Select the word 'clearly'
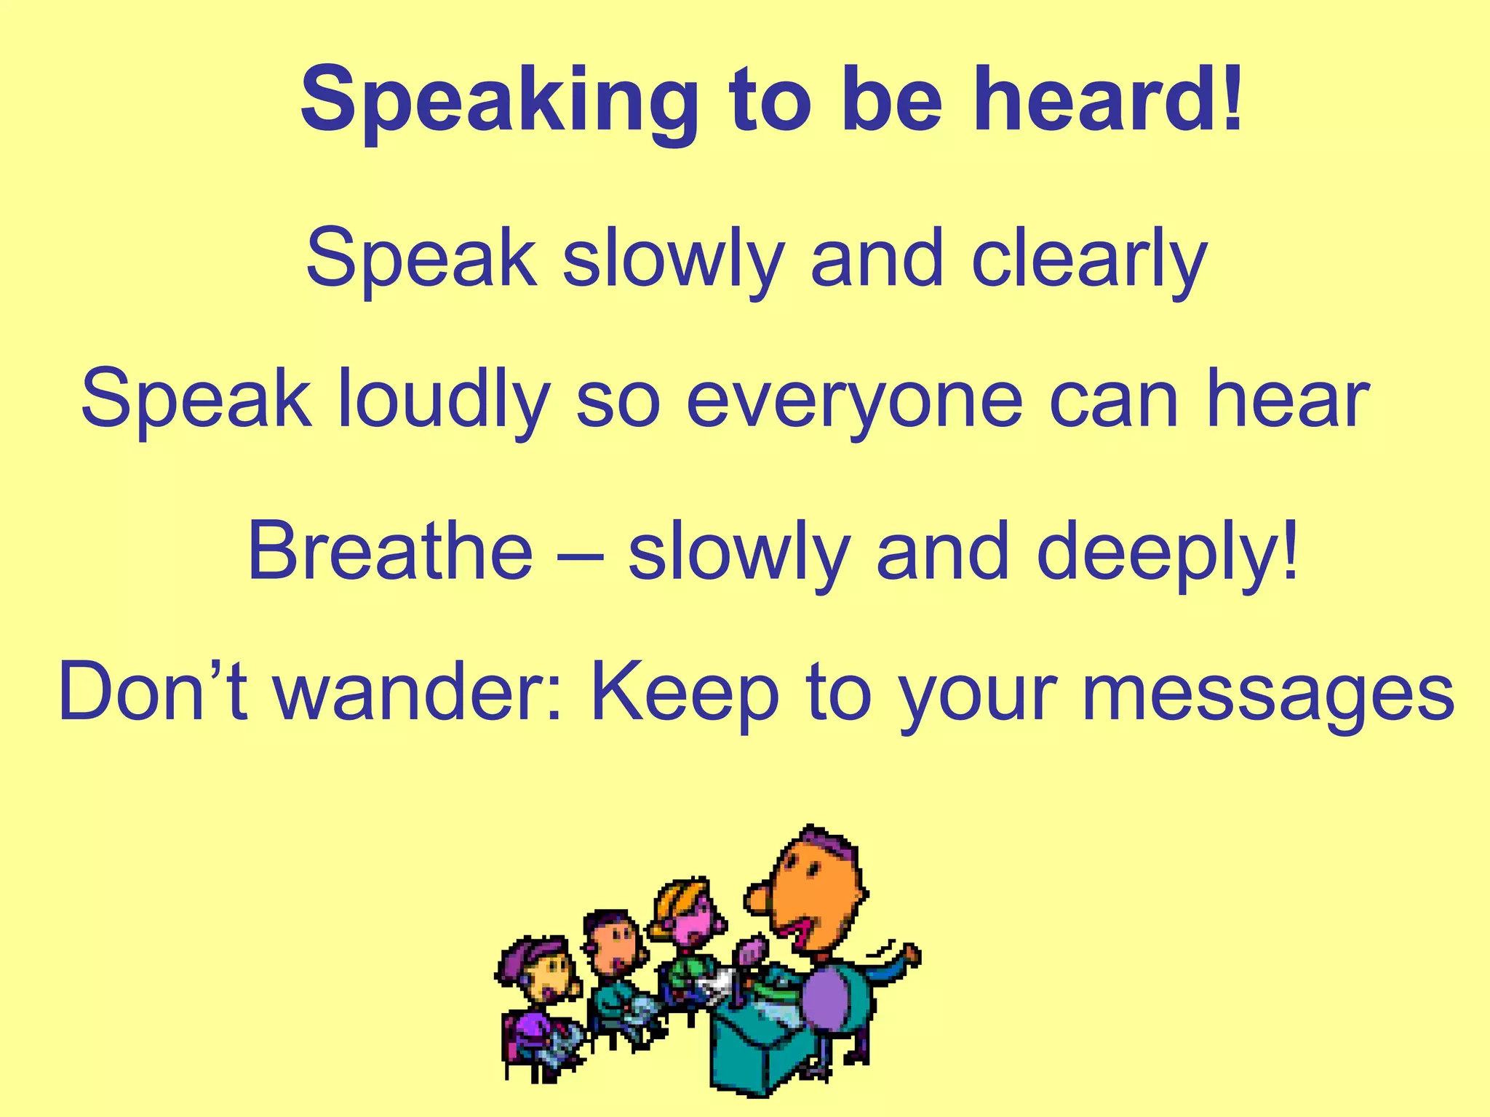pyautogui.click(x=1089, y=260)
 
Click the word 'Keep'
pyautogui.click(x=685, y=694)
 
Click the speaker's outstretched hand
pyautogui.click(x=910, y=953)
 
